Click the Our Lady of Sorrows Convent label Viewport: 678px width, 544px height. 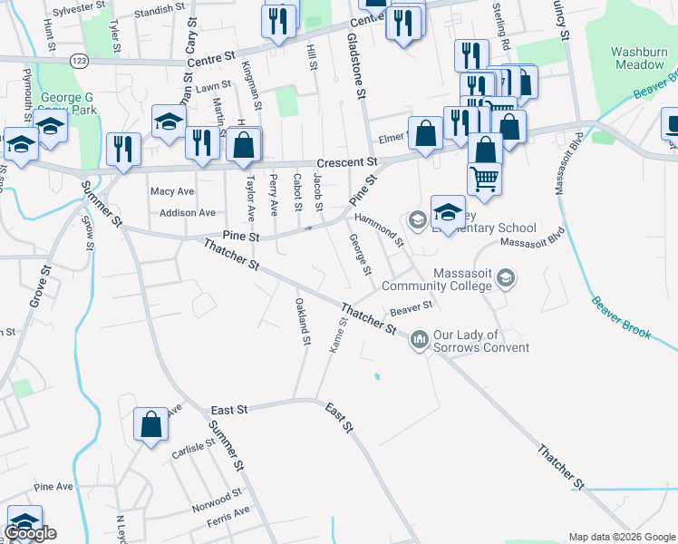pyautogui.click(x=479, y=341)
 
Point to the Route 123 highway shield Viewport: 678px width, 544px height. pyautogui.click(x=78, y=61)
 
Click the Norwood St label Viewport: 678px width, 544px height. pyautogui.click(x=217, y=500)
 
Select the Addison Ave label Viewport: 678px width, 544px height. pyautogui.click(x=187, y=213)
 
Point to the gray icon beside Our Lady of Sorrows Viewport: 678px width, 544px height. pyautogui.click(x=419, y=340)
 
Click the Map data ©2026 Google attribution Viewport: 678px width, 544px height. pyautogui.click(x=621, y=537)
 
